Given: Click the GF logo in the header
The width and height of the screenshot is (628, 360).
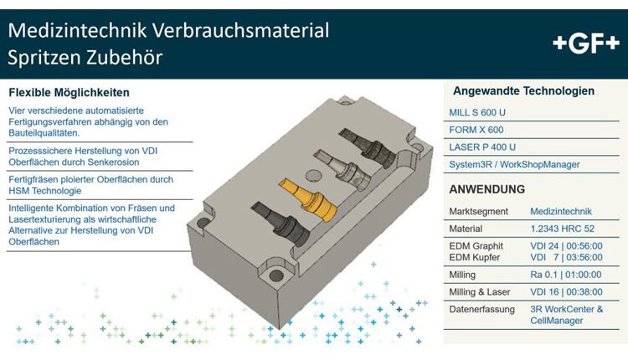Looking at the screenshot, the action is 586,44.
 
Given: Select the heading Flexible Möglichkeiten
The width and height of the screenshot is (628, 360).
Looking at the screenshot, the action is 69,92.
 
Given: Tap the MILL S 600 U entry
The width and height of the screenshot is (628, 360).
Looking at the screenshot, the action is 477,112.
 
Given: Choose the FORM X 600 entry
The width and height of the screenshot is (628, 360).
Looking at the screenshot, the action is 476,130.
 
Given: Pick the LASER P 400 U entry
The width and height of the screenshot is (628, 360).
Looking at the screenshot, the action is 482,147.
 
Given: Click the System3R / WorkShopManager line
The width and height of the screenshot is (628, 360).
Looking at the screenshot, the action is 514,164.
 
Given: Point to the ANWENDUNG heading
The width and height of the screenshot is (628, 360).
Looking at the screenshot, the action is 486,189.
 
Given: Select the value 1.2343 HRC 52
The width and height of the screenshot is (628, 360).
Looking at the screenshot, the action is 563,229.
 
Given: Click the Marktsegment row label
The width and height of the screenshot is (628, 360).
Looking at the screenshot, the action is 479,212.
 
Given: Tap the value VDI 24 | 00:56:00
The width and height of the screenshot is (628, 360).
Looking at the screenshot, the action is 566,246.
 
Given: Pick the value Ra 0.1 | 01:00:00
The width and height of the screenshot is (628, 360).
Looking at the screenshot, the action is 565,275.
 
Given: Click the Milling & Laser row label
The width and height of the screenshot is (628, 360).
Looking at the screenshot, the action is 480,292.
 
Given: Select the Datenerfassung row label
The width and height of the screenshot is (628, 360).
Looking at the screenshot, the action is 481,309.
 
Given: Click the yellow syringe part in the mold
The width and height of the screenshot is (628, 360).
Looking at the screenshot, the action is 307,199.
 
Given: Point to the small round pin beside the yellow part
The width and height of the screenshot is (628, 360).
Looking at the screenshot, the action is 313,175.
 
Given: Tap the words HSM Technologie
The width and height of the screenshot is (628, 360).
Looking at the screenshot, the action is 45,191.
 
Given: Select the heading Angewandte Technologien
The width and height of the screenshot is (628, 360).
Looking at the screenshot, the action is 523,91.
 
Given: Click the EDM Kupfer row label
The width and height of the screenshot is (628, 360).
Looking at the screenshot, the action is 474,257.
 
